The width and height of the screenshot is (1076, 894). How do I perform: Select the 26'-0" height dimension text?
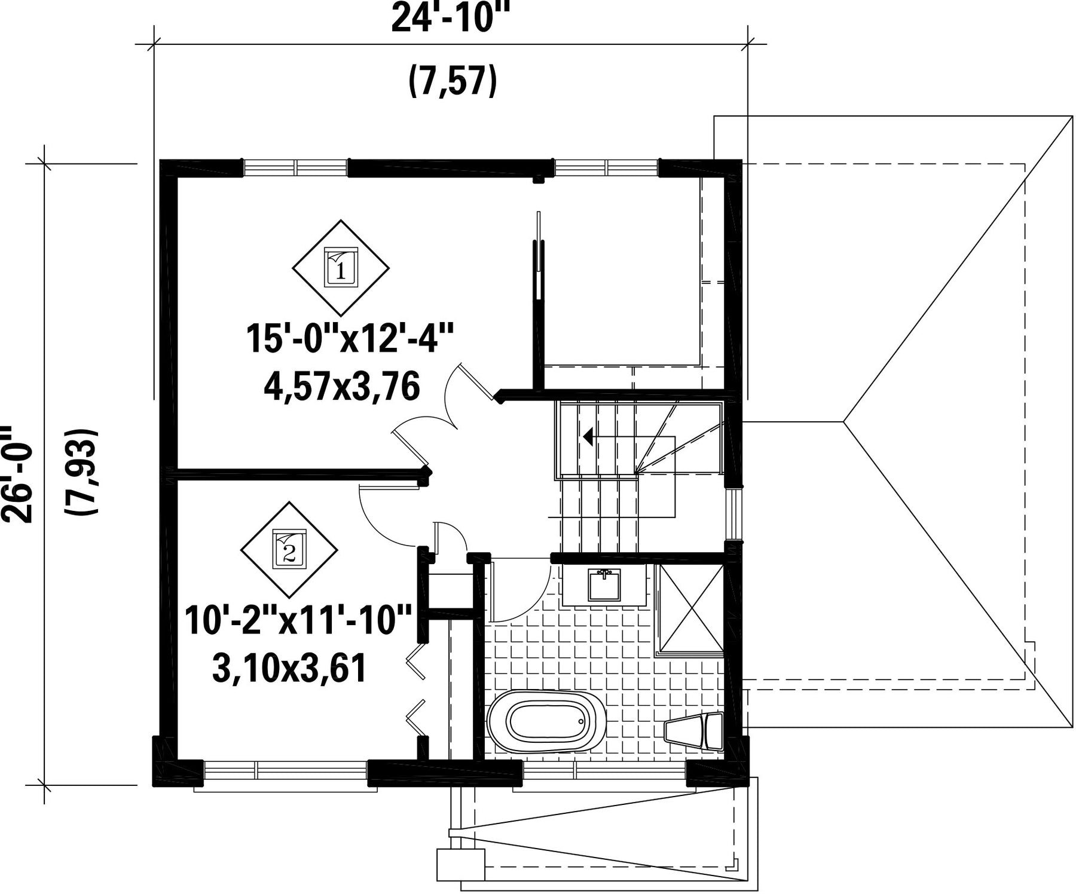coord(16,474)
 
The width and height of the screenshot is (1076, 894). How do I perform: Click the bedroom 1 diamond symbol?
coord(341,267)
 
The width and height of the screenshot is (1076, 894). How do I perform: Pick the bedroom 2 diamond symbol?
coord(289,550)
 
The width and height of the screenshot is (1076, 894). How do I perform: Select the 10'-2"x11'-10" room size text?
coord(298,620)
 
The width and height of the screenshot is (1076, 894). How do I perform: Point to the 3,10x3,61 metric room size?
coord(289,669)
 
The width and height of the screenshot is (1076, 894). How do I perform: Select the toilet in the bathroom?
coord(694,730)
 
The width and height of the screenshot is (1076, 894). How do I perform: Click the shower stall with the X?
coord(690,610)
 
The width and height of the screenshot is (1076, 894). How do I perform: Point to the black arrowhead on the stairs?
coord(588,437)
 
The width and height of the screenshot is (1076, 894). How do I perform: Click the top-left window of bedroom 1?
coord(295,168)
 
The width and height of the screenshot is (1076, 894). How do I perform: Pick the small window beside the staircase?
coord(733,515)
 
